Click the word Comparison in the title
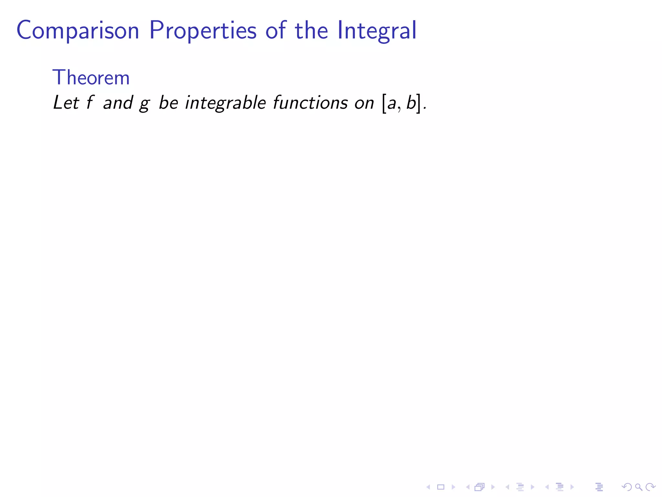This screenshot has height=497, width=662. (78, 31)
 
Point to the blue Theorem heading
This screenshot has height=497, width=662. (91, 78)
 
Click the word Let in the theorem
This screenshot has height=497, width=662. (66, 103)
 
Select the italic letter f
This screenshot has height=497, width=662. (90, 103)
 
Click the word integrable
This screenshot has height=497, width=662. (225, 103)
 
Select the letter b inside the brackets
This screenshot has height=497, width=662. (411, 103)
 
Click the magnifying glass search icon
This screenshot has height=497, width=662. (638, 487)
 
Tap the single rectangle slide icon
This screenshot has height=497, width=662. (441, 487)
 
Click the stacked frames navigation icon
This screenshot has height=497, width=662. (479, 487)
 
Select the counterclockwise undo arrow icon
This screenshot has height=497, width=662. (626, 487)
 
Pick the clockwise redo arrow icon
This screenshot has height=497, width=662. (650, 487)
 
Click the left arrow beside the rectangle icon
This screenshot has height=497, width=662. (428, 487)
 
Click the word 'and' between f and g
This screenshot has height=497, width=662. (118, 103)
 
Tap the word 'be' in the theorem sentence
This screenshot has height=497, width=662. (168, 103)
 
